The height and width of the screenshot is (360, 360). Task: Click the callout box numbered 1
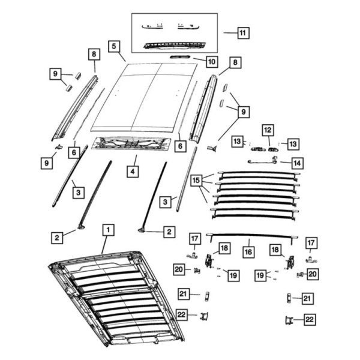coord(107,230)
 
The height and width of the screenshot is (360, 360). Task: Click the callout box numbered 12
coord(268,129)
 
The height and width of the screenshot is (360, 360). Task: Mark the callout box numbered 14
coord(296,162)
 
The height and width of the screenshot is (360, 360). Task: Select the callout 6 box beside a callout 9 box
coord(73,152)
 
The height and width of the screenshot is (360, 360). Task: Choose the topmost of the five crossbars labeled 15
coord(258,174)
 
